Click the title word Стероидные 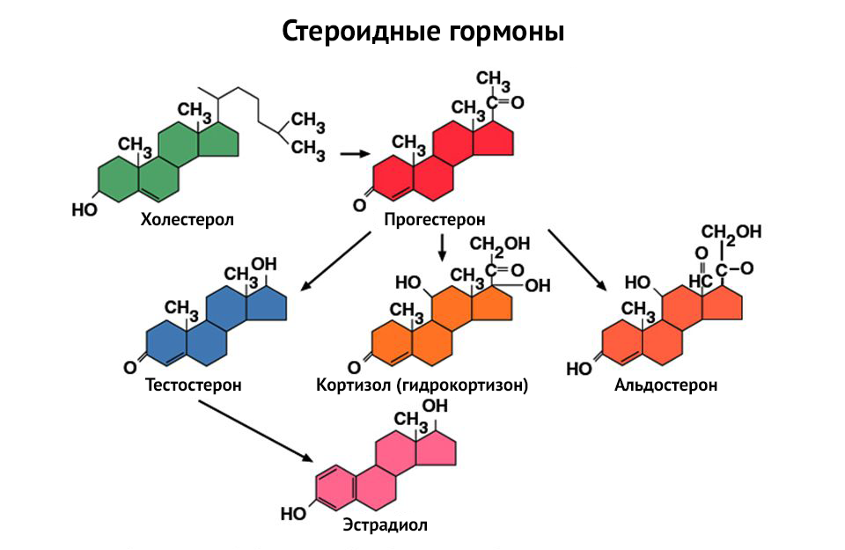tap(356, 33)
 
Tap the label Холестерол tap(187, 218)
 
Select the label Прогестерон tap(435, 218)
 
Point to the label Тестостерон tap(194, 385)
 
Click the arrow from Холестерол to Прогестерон tap(354, 154)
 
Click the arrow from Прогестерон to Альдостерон tap(577, 259)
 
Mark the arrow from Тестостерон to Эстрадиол tap(255, 431)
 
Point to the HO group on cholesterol tap(84, 209)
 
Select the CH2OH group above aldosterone tap(731, 231)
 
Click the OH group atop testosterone tap(263, 265)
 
